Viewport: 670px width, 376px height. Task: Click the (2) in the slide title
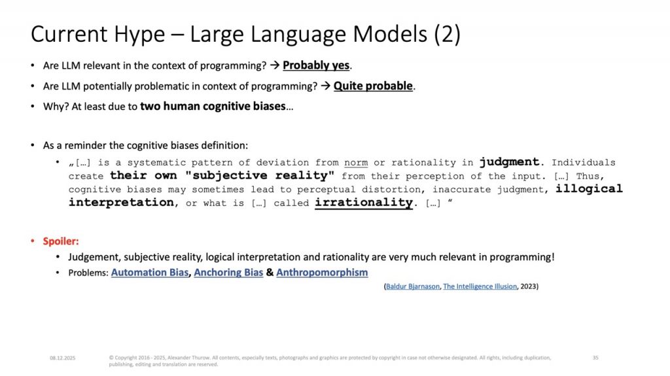click(x=448, y=34)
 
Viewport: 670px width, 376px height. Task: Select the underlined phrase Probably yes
click(x=316, y=65)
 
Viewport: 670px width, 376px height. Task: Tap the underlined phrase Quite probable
click(x=373, y=86)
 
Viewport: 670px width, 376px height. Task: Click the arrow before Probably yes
click(x=275, y=65)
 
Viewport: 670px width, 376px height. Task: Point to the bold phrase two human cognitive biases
click(x=213, y=106)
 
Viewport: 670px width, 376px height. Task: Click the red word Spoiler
click(x=61, y=241)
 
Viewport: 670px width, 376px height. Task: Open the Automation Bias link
click(x=150, y=272)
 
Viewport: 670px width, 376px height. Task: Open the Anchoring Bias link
click(x=228, y=272)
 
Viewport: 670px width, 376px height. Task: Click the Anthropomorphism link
click(x=322, y=272)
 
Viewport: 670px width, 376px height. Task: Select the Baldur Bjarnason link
click(x=412, y=286)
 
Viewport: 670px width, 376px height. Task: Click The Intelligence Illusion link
click(x=480, y=286)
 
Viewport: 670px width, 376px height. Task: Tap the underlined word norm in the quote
click(x=356, y=163)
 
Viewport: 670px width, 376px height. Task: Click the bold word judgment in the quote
click(x=509, y=162)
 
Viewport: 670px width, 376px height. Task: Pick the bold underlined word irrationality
click(x=364, y=202)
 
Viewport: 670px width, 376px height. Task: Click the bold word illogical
click(x=589, y=188)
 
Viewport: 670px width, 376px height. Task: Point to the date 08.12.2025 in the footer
click(x=62, y=358)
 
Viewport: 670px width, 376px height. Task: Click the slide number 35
click(x=595, y=358)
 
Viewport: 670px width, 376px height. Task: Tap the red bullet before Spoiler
click(x=33, y=241)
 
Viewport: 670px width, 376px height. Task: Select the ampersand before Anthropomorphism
click(x=270, y=272)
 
